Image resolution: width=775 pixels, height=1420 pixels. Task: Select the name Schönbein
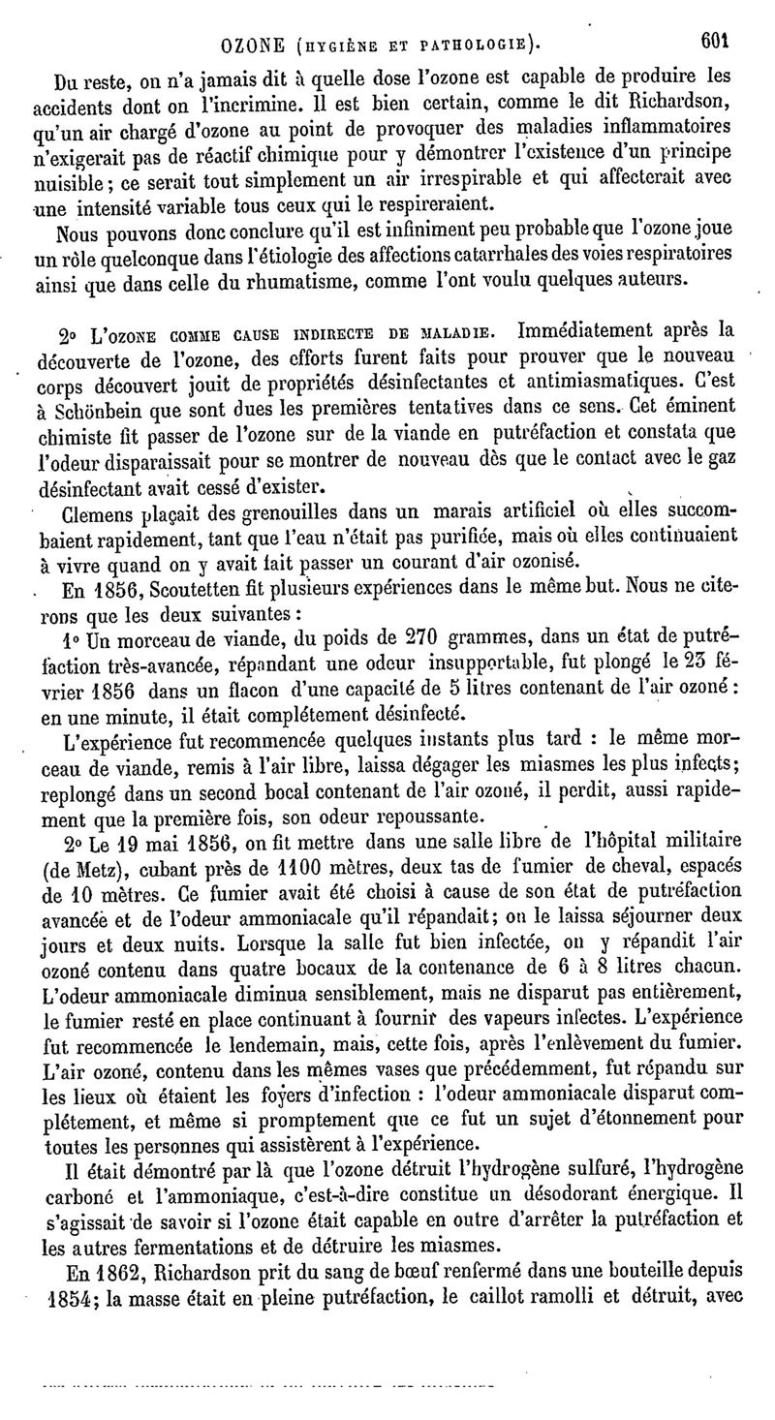(100, 404)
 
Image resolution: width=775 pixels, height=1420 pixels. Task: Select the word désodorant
(547, 1190)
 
